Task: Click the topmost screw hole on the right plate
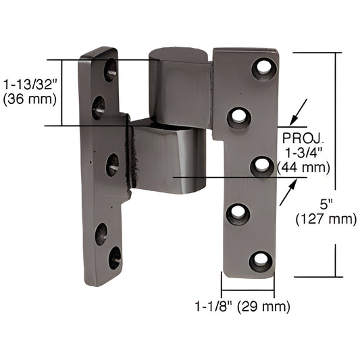pos(263,68)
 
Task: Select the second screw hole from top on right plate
pos(238,118)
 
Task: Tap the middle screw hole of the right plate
pos(262,165)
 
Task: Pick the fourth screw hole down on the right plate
pos(238,213)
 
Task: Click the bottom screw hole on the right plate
pos(261,261)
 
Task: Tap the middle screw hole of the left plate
pos(112,164)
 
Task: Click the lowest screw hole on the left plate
pos(115,257)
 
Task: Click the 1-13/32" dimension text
pos(30,86)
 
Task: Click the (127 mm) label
pos(326,218)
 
